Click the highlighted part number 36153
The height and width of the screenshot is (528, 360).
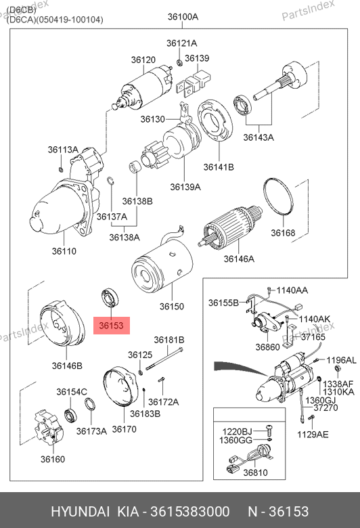tap(111, 326)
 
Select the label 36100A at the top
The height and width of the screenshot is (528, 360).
tap(183, 17)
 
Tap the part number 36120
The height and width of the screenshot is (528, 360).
tap(143, 60)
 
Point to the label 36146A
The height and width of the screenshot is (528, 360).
tap(239, 259)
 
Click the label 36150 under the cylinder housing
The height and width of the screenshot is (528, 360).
tap(172, 307)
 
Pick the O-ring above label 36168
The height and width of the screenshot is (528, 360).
tap(278, 196)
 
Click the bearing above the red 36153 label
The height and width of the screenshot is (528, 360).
tap(111, 297)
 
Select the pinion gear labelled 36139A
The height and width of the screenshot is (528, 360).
tap(155, 156)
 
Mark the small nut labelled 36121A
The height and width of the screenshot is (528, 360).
tap(179, 62)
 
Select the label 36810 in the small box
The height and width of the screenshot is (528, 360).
tap(255, 472)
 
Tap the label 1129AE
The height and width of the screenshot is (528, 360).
tap(313, 435)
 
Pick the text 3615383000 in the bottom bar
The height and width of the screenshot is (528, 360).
tap(190, 512)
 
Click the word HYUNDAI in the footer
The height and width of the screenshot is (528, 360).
tap(80, 512)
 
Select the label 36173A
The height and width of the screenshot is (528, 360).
tap(91, 431)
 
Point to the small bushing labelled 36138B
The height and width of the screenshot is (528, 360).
tap(135, 167)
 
